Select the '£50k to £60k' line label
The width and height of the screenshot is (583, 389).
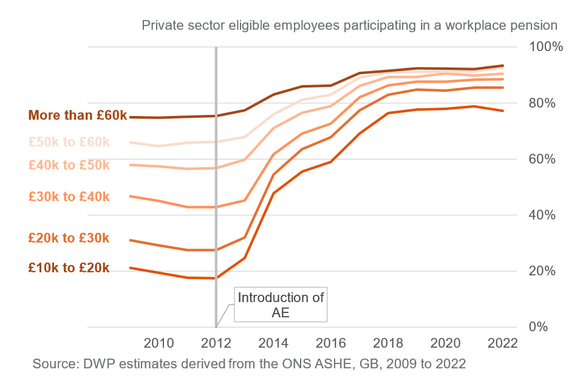click(69, 142)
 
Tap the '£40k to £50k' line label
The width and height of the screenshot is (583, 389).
click(69, 165)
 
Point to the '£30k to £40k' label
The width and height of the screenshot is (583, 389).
click(69, 196)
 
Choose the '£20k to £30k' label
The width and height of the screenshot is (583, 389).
click(69, 238)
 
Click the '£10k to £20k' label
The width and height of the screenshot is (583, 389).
click(69, 267)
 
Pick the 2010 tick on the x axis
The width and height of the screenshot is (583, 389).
click(159, 342)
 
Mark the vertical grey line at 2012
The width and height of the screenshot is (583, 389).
click(216, 182)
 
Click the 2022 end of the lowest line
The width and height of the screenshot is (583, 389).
click(502, 111)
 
